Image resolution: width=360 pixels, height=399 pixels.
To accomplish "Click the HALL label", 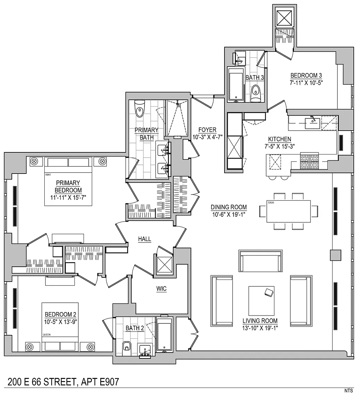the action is (x=144, y=239).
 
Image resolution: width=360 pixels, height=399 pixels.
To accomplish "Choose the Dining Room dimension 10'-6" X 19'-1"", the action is (x=229, y=214).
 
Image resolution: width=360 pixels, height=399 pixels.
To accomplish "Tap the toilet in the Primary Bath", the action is (x=140, y=109).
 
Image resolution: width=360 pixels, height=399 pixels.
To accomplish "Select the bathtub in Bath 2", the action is (x=165, y=335).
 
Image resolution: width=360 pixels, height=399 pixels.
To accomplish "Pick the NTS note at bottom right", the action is (x=349, y=390).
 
